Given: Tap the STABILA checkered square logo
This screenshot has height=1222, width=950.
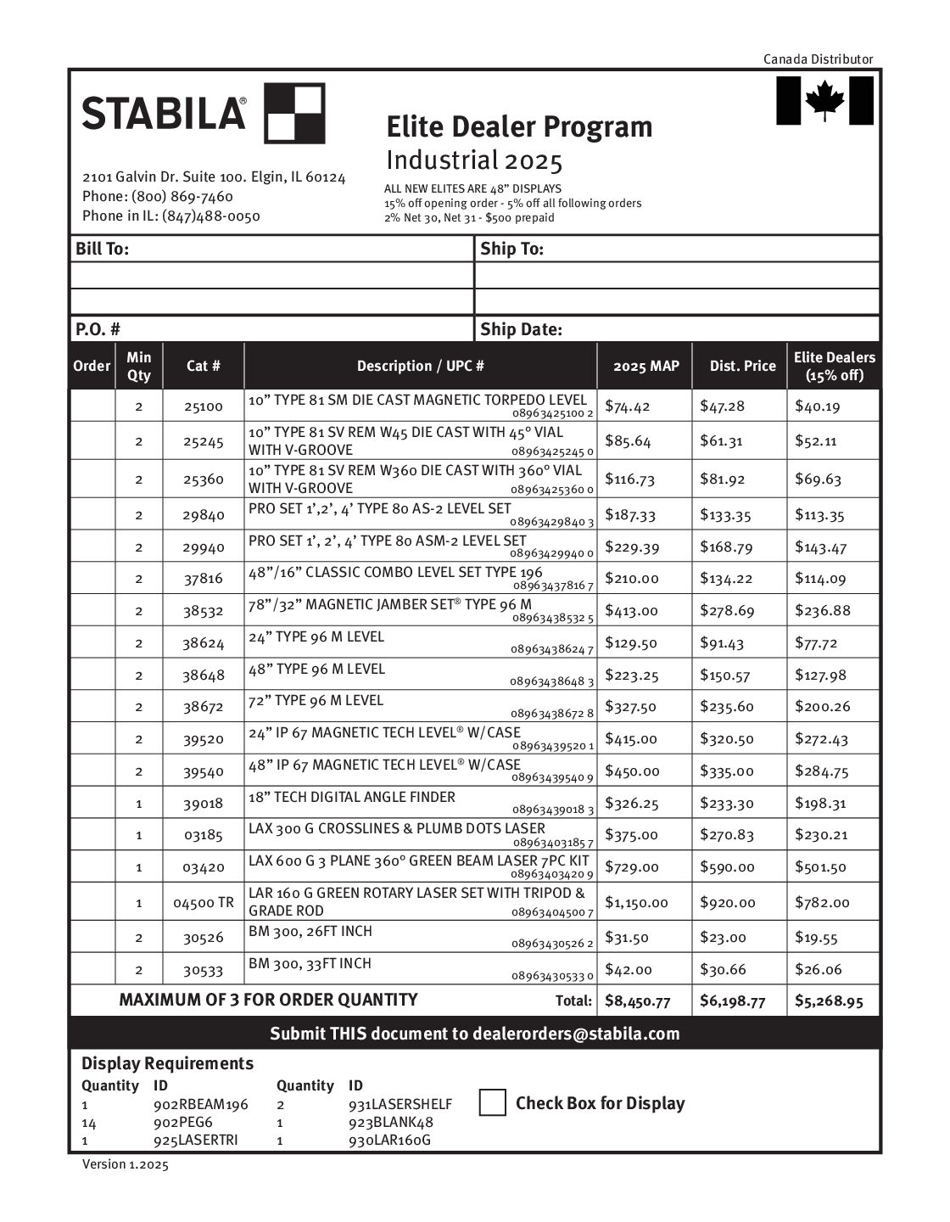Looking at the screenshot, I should click(294, 113).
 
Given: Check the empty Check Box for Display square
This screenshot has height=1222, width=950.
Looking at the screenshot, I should click(493, 1102).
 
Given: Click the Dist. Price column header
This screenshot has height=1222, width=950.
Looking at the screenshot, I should click(742, 366).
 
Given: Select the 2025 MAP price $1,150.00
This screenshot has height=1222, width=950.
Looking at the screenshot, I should click(636, 903).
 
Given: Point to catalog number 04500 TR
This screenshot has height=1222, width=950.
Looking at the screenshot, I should click(203, 903).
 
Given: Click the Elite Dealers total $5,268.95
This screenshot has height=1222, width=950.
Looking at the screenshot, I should click(829, 1001).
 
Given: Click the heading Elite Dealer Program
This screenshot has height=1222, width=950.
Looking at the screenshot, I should click(519, 126).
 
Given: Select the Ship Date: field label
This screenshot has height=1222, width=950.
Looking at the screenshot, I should click(521, 329).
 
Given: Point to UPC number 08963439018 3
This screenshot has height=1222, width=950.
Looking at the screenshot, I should click(552, 810).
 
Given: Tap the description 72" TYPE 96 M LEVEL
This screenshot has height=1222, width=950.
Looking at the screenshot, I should click(316, 701).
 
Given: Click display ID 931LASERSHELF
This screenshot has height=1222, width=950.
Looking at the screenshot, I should click(400, 1105).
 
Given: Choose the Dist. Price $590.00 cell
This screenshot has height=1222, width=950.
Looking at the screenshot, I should click(727, 867).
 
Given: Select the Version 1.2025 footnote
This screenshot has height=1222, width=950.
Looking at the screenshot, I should click(125, 1164).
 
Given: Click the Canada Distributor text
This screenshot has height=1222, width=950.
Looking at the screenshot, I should click(818, 59).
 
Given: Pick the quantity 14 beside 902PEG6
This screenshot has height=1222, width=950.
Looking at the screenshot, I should click(88, 1123).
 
